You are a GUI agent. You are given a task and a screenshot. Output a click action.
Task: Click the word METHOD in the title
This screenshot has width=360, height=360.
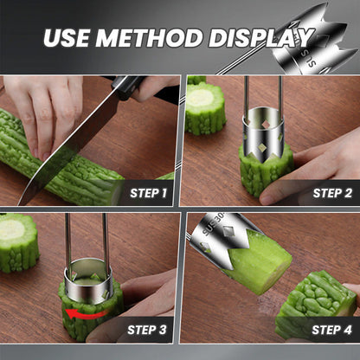tap(149, 38)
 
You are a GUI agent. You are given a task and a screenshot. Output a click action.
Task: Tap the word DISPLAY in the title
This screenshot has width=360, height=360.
tap(261, 38)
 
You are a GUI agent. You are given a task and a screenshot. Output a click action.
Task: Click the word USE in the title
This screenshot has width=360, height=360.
tap(66, 38)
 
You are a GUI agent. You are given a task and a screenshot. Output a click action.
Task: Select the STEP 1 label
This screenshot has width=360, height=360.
tap(148, 193)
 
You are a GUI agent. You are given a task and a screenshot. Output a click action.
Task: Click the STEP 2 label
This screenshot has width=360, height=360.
tap(332, 193)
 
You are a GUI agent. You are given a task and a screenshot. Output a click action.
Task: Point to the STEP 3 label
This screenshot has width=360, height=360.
tap(147, 330)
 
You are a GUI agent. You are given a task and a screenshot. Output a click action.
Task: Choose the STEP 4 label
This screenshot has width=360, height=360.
tap(331, 330)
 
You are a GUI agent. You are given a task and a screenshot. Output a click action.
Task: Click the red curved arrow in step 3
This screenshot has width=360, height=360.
tap(86, 314)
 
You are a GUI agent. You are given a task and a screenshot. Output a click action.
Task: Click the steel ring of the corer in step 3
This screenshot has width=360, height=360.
tap(87, 280)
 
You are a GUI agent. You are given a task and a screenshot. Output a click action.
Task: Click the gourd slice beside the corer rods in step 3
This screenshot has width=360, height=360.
tap(18, 242)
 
